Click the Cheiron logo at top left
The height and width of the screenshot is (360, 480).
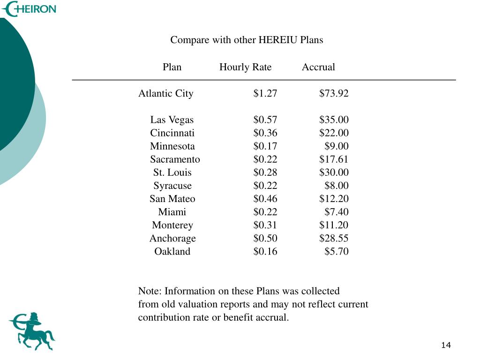coord(29,8)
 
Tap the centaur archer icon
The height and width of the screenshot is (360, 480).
coord(31,331)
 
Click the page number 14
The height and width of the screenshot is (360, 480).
coord(446,345)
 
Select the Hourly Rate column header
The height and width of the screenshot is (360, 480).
coord(245,67)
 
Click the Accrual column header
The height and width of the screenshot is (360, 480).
coord(318,67)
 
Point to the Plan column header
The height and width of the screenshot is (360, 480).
coord(172,67)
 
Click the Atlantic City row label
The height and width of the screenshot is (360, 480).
coord(165,93)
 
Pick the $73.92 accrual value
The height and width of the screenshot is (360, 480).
coord(334,93)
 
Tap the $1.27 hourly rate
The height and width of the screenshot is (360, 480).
coord(265,93)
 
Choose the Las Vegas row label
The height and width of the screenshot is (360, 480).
coord(172,120)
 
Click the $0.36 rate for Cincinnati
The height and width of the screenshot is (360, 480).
coord(265,133)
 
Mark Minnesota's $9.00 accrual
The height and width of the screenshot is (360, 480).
coord(336,146)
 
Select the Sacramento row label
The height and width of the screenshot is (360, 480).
coord(175,159)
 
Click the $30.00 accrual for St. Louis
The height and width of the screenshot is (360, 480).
coord(334,172)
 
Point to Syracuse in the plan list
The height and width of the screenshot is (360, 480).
coord(172,185)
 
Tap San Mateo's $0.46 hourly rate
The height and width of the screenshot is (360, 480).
coord(265,198)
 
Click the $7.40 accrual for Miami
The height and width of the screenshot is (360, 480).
coord(336,211)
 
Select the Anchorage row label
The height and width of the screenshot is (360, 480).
coord(172,238)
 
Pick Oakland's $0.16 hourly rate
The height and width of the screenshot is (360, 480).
coord(265,251)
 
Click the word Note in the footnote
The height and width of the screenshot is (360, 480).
coord(149,291)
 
